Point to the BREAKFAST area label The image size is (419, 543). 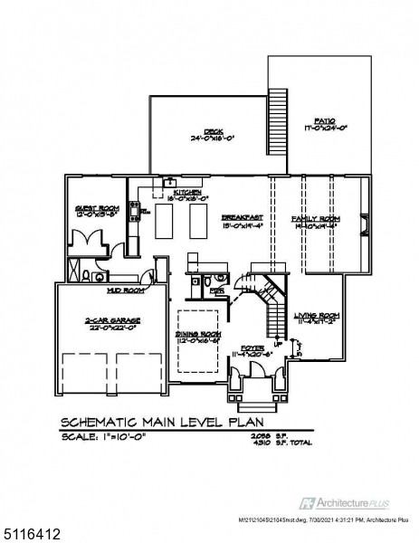(242, 218)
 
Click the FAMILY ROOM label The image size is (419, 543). (314, 220)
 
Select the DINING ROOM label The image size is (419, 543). (197, 334)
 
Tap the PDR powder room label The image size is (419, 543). (216, 291)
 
